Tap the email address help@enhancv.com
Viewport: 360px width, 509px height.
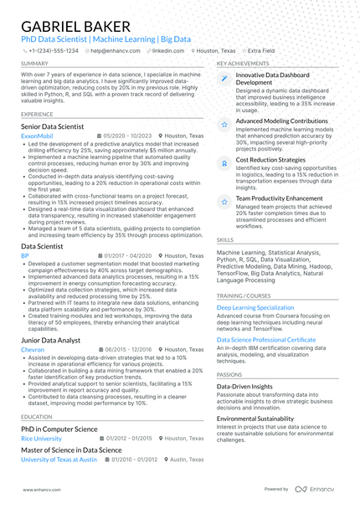pyautogui.click(x=115, y=50)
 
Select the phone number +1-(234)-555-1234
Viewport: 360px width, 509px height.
pyautogui.click(x=53, y=50)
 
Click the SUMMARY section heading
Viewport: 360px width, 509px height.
pyautogui.click(x=34, y=64)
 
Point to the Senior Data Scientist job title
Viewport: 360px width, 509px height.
pyautogui.click(x=52, y=126)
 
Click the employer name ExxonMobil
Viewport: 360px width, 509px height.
pyautogui.click(x=37, y=136)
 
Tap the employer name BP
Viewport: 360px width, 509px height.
pyautogui.click(x=24, y=256)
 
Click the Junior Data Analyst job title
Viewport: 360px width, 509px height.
pyautogui.click(x=50, y=340)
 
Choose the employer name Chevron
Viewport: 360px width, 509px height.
pyautogui.click(x=33, y=349)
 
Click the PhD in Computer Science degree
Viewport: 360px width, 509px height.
pyautogui.click(x=59, y=429)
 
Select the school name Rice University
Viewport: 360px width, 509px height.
pyautogui.click(x=41, y=438)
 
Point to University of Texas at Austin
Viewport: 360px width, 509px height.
pyautogui.click(x=59, y=460)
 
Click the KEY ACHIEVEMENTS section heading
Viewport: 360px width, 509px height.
pyautogui.click(x=242, y=64)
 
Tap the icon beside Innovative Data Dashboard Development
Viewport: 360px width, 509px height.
pyautogui.click(x=224, y=79)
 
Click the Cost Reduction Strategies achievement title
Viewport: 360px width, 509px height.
pyautogui.click(x=270, y=159)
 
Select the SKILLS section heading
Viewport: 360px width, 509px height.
pyautogui.click(x=225, y=239)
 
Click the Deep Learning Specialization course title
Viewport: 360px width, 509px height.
pyautogui.click(x=255, y=307)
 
